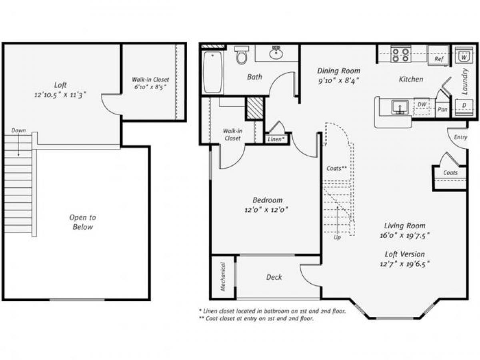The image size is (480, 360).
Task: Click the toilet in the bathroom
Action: point(242,56)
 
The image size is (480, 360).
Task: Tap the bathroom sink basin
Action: point(276,53)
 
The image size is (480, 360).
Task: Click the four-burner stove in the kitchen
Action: point(400,55)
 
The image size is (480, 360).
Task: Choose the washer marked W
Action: point(463,57)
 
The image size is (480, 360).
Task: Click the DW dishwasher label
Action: point(422,104)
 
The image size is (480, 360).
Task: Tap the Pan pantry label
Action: point(442,109)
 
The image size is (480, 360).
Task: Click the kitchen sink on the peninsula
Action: point(399,107)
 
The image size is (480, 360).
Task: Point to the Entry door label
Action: point(460,137)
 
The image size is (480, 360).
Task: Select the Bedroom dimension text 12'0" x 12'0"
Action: point(267,209)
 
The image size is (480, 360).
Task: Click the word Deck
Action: point(274,277)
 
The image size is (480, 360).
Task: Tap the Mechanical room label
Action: point(223,276)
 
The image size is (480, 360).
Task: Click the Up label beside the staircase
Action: point(337,237)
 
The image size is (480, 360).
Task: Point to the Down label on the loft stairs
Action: point(18,130)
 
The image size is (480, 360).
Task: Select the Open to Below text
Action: point(83,222)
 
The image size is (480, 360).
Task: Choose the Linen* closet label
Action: point(276,139)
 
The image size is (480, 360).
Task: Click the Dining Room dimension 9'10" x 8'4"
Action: point(338,80)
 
